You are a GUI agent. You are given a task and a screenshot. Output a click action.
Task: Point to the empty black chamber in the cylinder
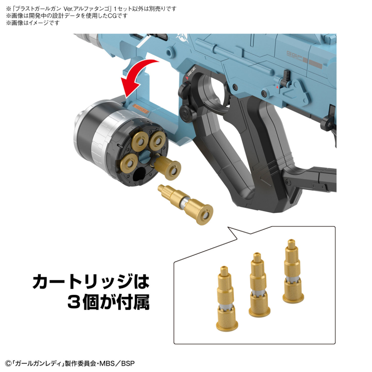138,175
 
